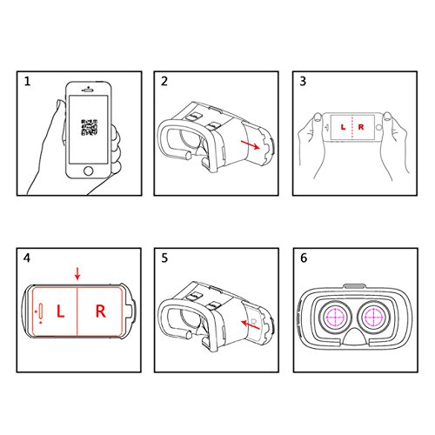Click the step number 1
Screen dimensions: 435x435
point(27,82)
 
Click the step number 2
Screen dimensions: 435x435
point(164,82)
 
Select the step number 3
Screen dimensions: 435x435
point(303,82)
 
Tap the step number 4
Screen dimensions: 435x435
point(27,258)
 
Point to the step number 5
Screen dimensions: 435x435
point(164,258)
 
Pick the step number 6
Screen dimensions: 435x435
point(304,258)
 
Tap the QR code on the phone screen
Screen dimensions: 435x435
point(89,127)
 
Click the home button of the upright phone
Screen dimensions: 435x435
point(89,171)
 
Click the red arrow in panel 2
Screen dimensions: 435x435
point(251,144)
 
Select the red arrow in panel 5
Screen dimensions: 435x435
point(251,325)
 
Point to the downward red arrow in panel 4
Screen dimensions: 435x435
point(77,274)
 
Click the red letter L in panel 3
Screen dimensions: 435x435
point(343,127)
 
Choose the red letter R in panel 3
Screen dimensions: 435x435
point(361,127)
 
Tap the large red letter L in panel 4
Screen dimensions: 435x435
point(60,311)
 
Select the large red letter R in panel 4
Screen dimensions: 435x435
point(101,311)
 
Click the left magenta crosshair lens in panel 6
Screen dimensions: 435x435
point(335,317)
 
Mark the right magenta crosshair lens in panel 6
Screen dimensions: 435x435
point(373,317)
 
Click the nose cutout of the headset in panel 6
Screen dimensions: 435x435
point(354,338)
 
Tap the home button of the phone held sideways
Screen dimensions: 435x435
point(378,127)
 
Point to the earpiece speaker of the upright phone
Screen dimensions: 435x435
point(88,90)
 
